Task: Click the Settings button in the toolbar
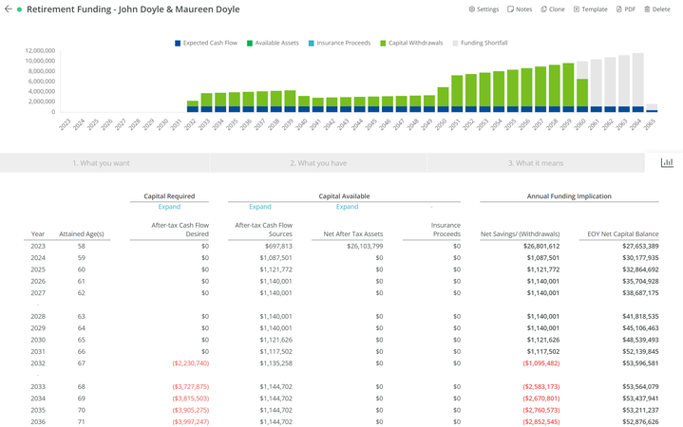[484, 9]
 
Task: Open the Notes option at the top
[520, 9]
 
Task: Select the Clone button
[553, 9]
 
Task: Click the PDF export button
[626, 9]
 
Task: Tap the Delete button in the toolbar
[657, 9]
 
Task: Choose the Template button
[590, 9]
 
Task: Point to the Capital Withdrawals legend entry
[412, 43]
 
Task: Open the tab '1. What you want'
[101, 163]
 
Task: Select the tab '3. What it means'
[535, 163]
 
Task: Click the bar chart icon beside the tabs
[667, 163]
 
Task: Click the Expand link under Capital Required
[169, 207]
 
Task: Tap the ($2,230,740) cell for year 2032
[190, 363]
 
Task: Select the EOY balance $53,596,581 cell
[635, 363]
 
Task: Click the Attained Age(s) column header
[81, 233]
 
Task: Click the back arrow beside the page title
[8, 9]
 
